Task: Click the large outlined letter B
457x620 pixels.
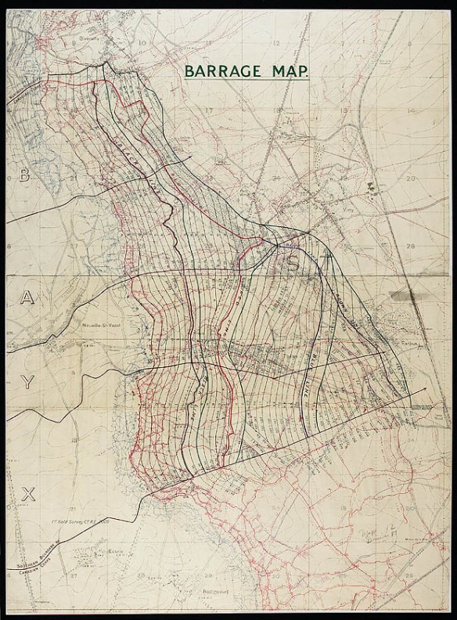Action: pos(24,176)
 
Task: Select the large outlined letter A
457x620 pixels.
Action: pos(27,298)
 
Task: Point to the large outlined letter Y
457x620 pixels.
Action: pos(27,382)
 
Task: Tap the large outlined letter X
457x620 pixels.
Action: pos(29,492)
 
